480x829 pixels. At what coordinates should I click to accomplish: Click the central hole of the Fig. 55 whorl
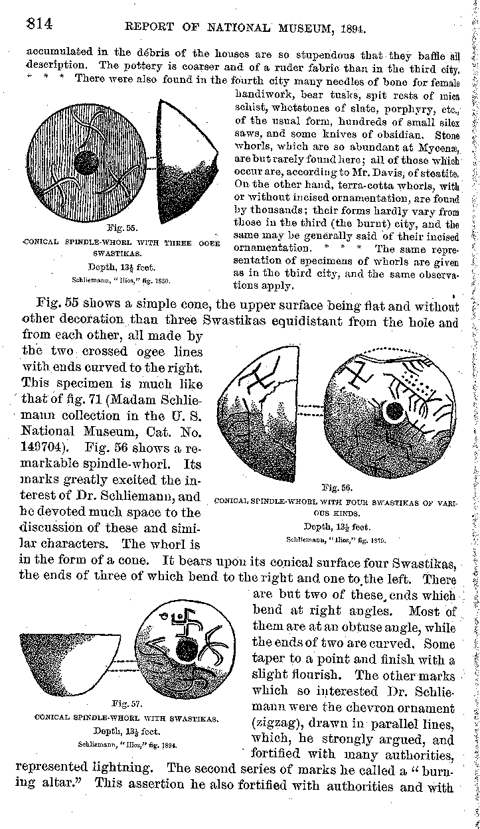[86, 161]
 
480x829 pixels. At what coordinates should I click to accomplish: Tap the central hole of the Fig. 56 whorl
[394, 412]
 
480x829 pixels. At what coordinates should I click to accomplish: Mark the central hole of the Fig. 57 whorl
[187, 650]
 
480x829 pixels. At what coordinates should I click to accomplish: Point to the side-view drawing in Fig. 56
[259, 412]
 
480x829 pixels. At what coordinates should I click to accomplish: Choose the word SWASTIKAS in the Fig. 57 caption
[193, 719]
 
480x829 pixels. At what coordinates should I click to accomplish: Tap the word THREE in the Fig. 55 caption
[176, 241]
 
